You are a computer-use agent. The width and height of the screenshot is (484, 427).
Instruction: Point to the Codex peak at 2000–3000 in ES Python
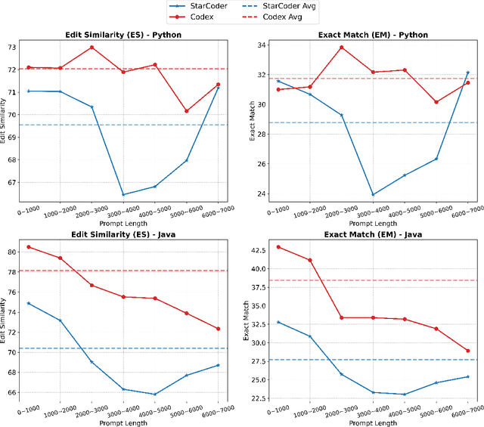pyautogui.click(x=92, y=48)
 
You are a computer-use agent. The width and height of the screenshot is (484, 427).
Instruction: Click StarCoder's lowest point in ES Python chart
pyautogui.click(x=123, y=194)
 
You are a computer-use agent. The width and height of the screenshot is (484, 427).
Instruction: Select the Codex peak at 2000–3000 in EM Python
pyautogui.click(x=341, y=47)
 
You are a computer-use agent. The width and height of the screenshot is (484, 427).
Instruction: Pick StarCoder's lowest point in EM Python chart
pyautogui.click(x=373, y=194)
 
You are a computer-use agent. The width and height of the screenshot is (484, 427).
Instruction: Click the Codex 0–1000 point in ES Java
pyautogui.click(x=29, y=247)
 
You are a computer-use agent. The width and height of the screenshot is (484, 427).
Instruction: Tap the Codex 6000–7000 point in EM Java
pyautogui.click(x=468, y=351)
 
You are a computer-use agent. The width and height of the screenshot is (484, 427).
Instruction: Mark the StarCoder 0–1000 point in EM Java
pyautogui.click(x=278, y=322)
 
